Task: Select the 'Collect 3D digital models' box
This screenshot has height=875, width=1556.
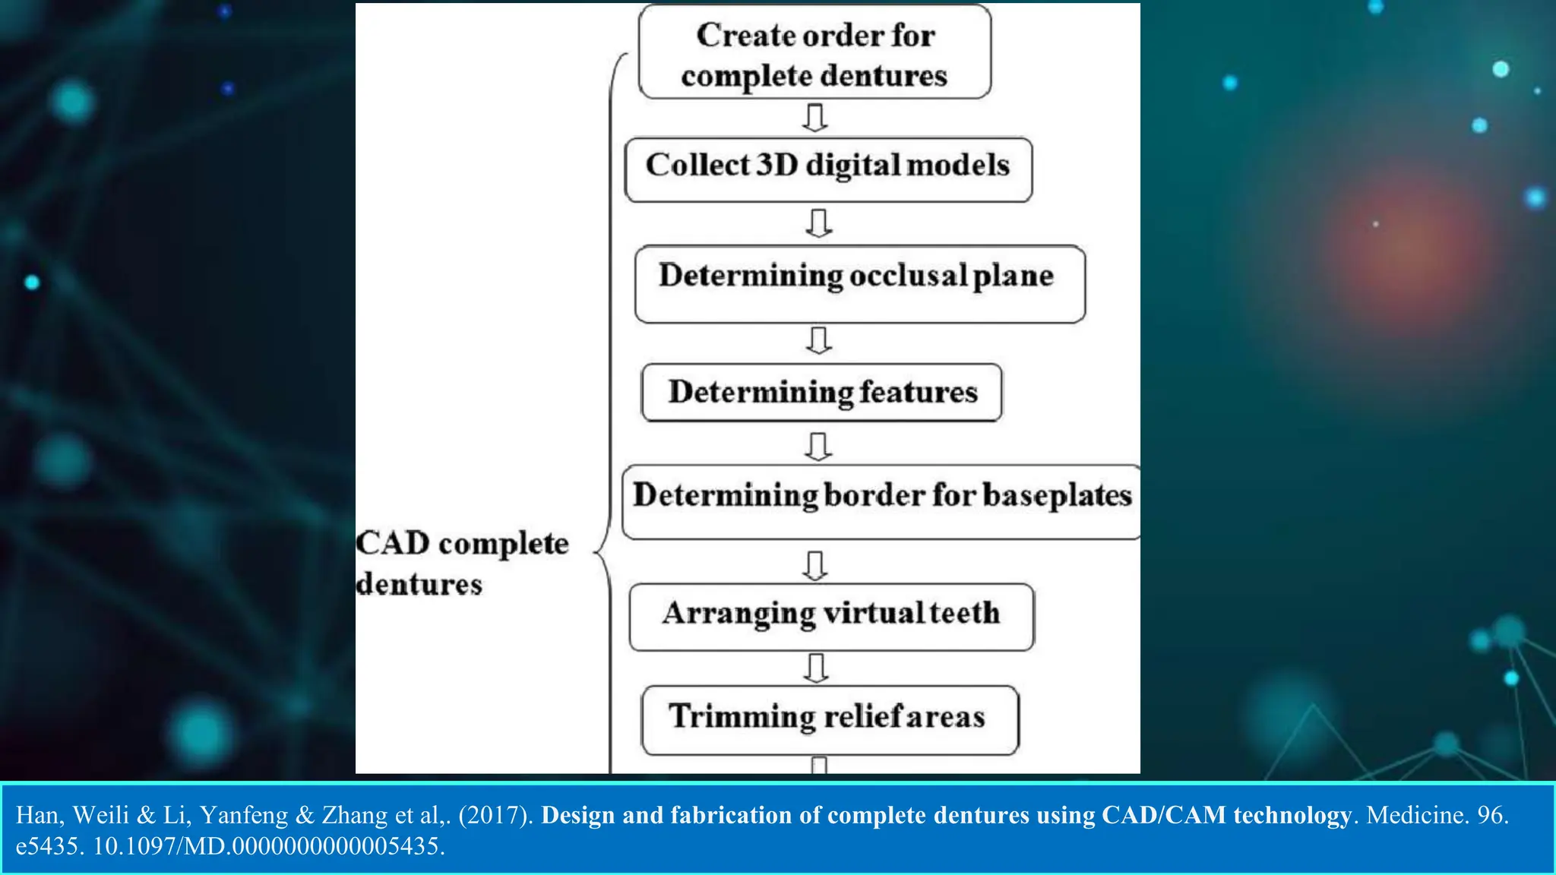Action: (x=828, y=169)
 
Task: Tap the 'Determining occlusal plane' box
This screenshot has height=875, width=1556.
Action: (x=859, y=283)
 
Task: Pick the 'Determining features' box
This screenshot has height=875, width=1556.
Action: (x=821, y=392)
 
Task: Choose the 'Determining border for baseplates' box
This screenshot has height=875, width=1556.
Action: (x=881, y=501)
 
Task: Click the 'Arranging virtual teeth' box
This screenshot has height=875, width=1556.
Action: (x=831, y=616)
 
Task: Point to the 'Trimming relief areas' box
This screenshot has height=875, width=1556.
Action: (x=830, y=719)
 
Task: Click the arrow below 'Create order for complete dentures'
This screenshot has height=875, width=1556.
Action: (x=815, y=118)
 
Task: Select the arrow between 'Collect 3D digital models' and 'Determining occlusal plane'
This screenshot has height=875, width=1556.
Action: (x=818, y=223)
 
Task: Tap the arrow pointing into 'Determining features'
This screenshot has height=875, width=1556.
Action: (x=818, y=341)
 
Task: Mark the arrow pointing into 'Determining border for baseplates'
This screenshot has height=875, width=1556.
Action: (x=818, y=447)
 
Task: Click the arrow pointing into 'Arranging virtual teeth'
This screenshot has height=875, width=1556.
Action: (x=815, y=565)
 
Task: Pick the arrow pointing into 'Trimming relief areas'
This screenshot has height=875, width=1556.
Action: (x=816, y=668)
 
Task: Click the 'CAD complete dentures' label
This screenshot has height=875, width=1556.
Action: (x=462, y=563)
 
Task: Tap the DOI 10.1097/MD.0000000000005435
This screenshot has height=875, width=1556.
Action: (x=268, y=846)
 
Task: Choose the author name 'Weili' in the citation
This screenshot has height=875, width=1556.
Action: (x=101, y=815)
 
